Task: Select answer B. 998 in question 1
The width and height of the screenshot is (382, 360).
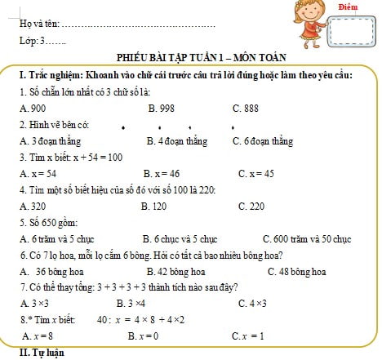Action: [x=162, y=108]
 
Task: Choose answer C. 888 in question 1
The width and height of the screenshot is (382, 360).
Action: [x=246, y=108]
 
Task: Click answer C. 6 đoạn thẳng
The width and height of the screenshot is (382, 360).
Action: [x=263, y=140]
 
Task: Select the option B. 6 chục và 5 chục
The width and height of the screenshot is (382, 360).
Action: [x=180, y=238]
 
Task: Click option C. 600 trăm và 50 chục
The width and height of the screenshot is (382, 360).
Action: [x=307, y=238]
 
